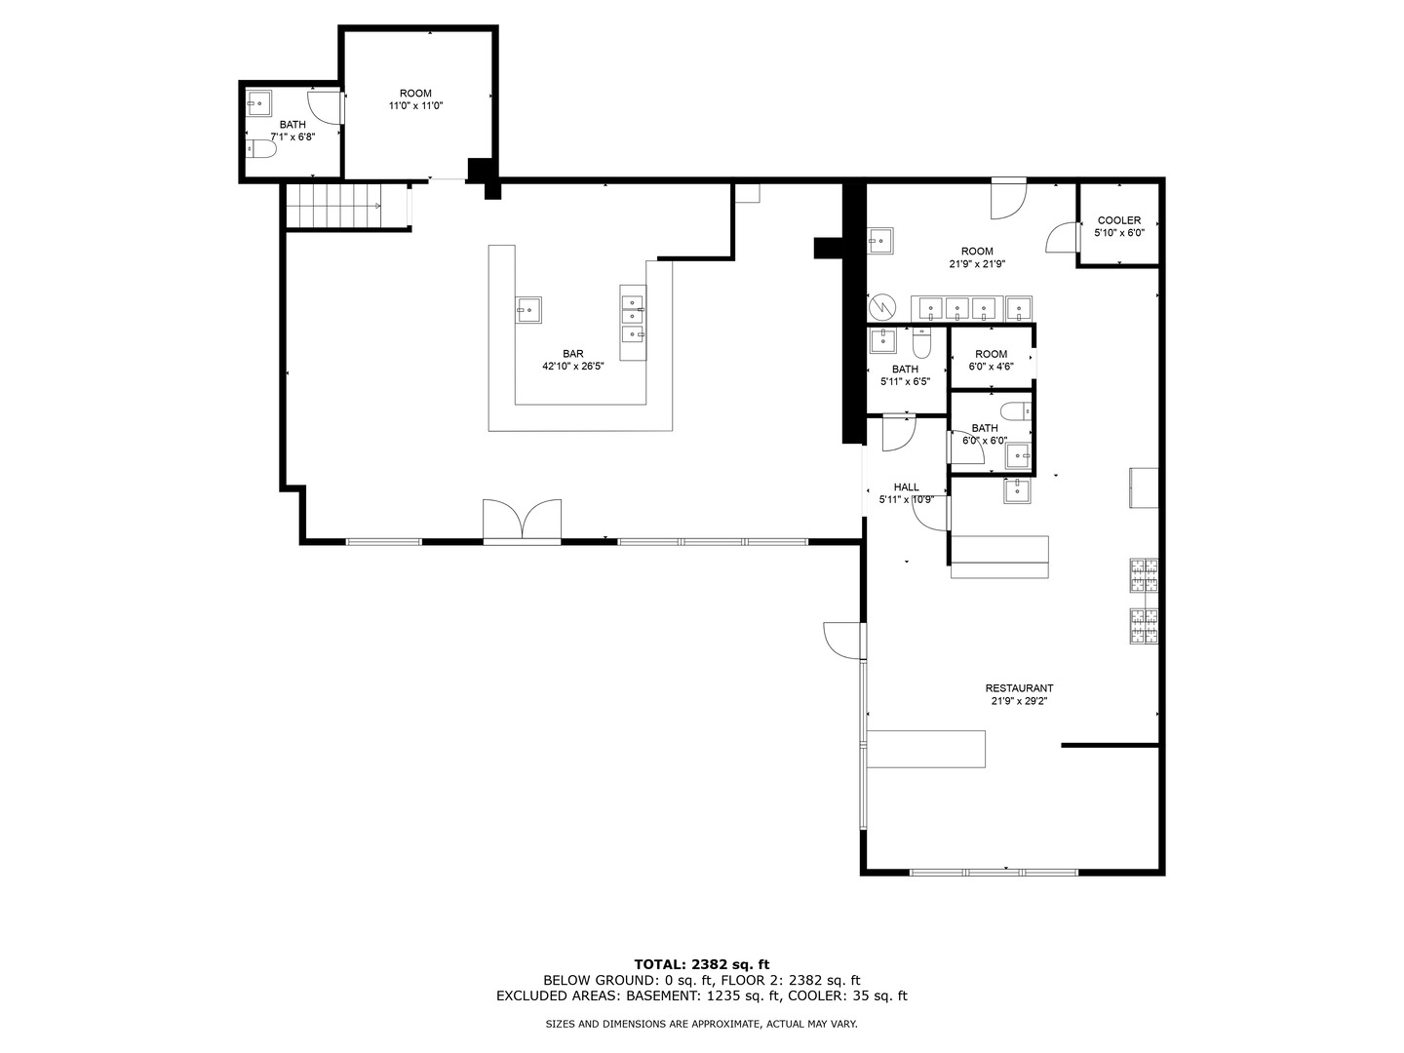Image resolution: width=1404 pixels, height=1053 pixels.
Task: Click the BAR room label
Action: (572, 354)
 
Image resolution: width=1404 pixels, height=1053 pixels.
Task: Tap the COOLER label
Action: (1118, 220)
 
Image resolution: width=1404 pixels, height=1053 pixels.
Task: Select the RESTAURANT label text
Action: (1019, 688)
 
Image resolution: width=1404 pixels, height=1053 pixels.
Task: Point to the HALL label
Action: (907, 487)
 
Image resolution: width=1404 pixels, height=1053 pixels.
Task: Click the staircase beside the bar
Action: (333, 205)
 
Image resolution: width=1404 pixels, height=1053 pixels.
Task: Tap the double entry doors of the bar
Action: (522, 519)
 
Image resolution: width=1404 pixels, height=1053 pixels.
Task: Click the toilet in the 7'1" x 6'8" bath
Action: (261, 149)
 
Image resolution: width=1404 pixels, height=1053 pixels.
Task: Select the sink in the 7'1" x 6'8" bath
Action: (259, 103)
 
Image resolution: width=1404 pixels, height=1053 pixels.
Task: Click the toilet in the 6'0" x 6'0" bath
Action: (1016, 410)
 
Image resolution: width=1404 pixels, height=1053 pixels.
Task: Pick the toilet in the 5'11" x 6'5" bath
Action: (921, 343)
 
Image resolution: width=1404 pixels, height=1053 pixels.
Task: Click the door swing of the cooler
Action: (1062, 237)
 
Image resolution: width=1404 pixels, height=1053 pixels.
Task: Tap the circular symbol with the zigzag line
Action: (881, 307)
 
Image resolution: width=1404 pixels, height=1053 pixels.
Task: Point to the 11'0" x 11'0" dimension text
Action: (415, 105)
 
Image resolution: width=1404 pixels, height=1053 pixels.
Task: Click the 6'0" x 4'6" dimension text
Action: (991, 367)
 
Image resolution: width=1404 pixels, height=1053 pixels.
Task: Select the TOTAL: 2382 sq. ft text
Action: (702, 964)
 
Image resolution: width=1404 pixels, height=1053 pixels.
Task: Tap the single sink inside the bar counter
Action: (528, 310)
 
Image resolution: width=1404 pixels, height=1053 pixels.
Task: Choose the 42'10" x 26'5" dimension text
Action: (572, 367)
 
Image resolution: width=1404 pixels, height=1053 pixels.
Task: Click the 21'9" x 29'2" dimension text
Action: (1019, 701)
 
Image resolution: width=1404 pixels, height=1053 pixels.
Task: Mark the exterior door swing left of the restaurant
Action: (843, 640)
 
